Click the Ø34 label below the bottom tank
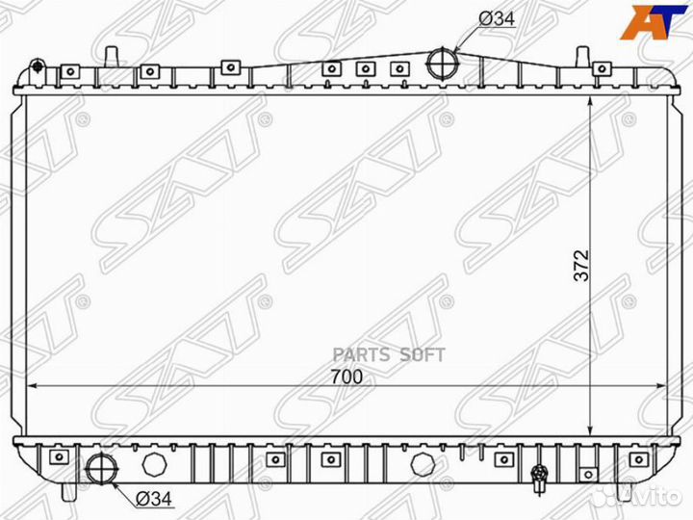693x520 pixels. pyautogui.click(x=153, y=498)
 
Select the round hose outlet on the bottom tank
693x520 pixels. pyautogui.click(x=101, y=466)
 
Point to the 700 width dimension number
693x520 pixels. pyautogui.click(x=348, y=377)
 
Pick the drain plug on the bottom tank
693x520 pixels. pyautogui.click(x=539, y=474)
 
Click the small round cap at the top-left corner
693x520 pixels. pyautogui.click(x=38, y=66)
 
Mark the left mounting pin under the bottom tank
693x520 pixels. pyautogui.click(x=68, y=490)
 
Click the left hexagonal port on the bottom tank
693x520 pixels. pyautogui.click(x=154, y=466)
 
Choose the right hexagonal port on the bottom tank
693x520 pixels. pyautogui.click(x=422, y=466)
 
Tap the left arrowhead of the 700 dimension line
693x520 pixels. pyautogui.click(x=29, y=386)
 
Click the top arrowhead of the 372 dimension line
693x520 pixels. pyautogui.click(x=588, y=99)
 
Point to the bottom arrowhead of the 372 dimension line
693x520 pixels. pyautogui.click(x=588, y=430)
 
